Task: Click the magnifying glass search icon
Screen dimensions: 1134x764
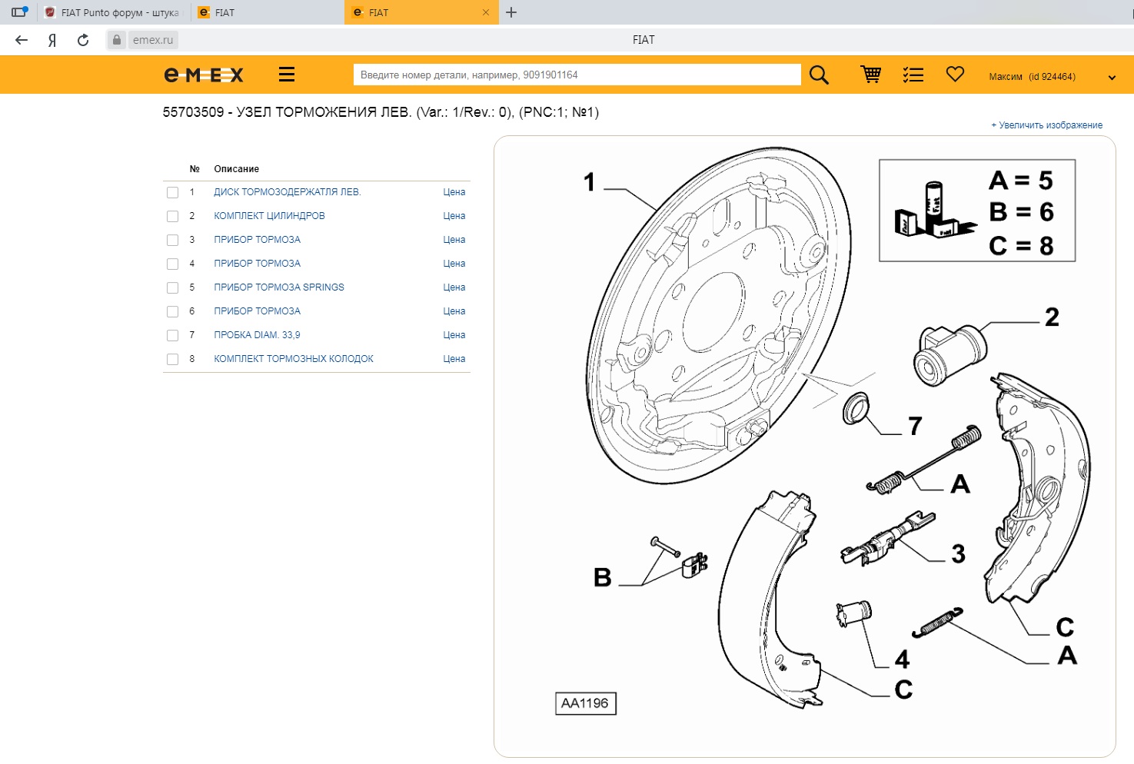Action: [819, 75]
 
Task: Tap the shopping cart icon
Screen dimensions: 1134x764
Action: [871, 75]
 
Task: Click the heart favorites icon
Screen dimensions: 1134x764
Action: [955, 74]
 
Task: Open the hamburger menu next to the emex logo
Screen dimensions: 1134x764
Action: [287, 75]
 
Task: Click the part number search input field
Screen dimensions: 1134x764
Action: [577, 75]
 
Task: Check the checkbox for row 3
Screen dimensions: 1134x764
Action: [173, 240]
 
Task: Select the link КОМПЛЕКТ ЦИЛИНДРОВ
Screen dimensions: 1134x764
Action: [269, 215]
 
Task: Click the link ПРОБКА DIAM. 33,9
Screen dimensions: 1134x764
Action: [257, 335]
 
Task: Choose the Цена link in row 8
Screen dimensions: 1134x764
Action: [454, 359]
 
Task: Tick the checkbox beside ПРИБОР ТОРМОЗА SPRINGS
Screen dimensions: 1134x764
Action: [173, 288]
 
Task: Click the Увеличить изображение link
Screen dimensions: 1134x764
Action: [1046, 125]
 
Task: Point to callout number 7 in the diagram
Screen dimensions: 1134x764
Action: [915, 426]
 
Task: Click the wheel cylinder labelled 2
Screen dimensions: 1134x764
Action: [949, 354]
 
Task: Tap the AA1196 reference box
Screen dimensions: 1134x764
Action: [585, 703]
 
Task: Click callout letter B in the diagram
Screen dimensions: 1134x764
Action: [603, 577]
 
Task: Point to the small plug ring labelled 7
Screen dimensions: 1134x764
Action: [856, 408]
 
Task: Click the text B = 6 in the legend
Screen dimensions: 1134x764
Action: [1021, 212]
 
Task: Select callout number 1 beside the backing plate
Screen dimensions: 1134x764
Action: [589, 181]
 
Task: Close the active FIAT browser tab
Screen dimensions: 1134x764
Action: [485, 12]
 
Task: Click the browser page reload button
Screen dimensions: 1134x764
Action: [83, 40]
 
